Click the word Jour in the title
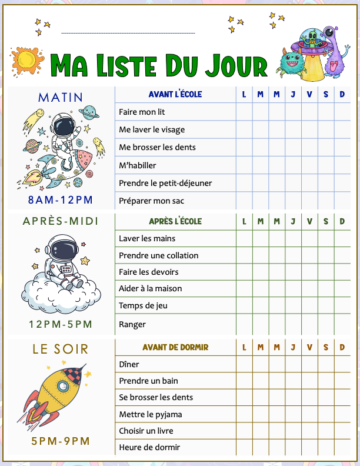pyautogui.click(x=238, y=65)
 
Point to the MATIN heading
pyautogui.click(x=61, y=97)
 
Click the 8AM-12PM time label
pyautogui.click(x=60, y=199)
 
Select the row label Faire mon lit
pyautogui.click(x=142, y=111)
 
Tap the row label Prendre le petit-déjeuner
pyautogui.click(x=165, y=183)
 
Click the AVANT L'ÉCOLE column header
pyautogui.click(x=175, y=94)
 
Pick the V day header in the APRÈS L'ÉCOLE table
pyautogui.click(x=309, y=222)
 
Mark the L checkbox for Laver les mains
pyautogui.click(x=244, y=238)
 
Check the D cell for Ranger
pyautogui.click(x=342, y=324)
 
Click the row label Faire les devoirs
pyautogui.click(x=149, y=272)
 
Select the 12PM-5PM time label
pyautogui.click(x=61, y=324)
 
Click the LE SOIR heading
pyautogui.click(x=61, y=349)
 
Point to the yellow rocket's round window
pyautogui.click(x=62, y=386)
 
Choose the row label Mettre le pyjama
pyautogui.click(x=151, y=414)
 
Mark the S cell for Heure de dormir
pyautogui.click(x=326, y=447)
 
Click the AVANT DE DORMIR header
pyautogui.click(x=175, y=347)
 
